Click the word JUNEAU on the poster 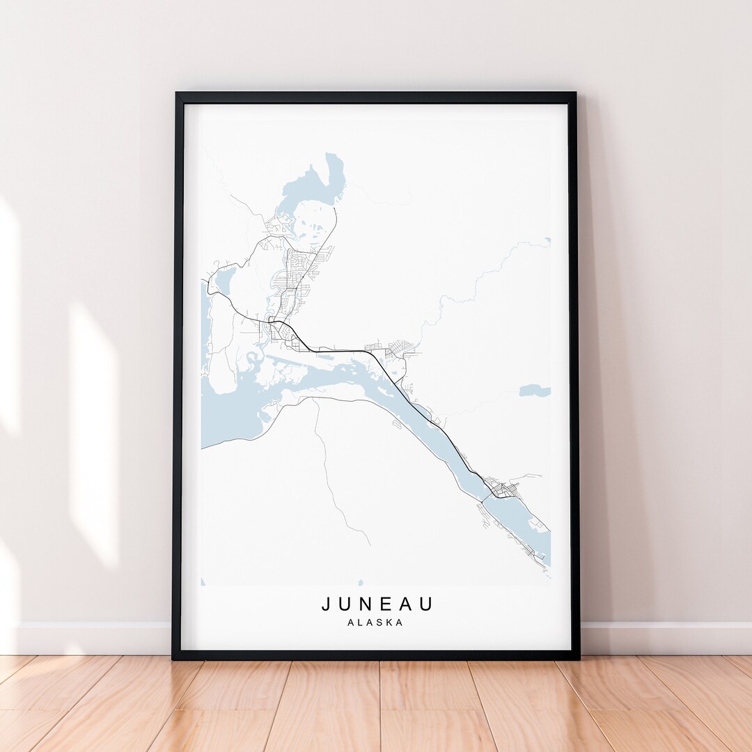(377, 604)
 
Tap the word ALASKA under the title (375, 622)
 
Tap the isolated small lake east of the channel (534, 391)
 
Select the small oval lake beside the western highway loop (224, 281)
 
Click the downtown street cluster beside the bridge (503, 487)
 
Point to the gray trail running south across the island (331, 473)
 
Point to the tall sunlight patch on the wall (93, 432)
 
